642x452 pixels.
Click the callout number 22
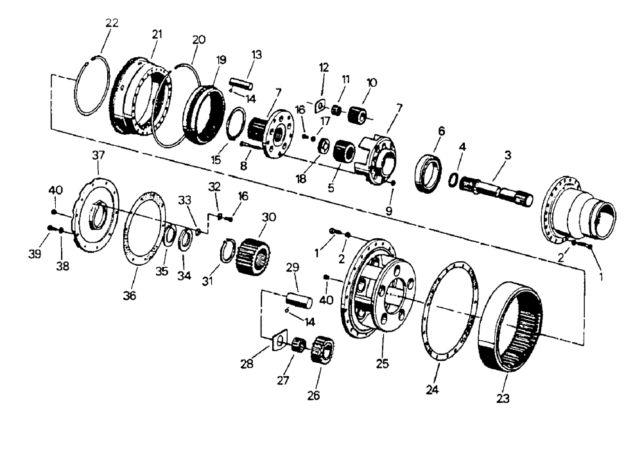[x=112, y=23]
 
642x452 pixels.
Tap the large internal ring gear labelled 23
[x=512, y=326]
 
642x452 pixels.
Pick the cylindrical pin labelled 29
[x=297, y=300]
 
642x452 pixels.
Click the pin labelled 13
[x=241, y=83]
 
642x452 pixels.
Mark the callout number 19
[x=221, y=60]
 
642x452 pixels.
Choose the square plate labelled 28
[x=278, y=341]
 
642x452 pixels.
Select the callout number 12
[x=324, y=67]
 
